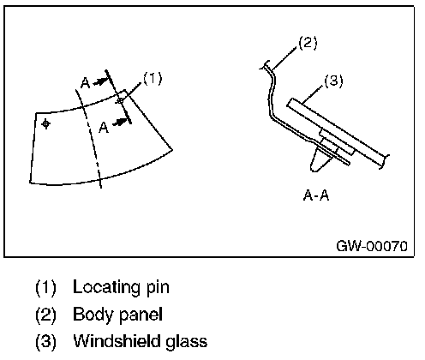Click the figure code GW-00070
click(x=372, y=246)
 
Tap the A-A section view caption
click(x=316, y=195)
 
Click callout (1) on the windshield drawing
click(x=153, y=78)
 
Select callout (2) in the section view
click(x=308, y=43)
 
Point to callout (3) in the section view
click(x=333, y=81)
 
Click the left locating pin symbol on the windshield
click(x=45, y=124)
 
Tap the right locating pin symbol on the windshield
click(x=120, y=100)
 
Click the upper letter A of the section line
click(x=86, y=83)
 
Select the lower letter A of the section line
click(x=104, y=128)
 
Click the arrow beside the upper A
click(x=100, y=81)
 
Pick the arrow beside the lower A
click(x=120, y=123)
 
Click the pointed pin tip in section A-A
click(x=314, y=171)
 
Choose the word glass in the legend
click(x=187, y=342)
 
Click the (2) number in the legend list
click(x=45, y=315)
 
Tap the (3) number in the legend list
click(x=45, y=341)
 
